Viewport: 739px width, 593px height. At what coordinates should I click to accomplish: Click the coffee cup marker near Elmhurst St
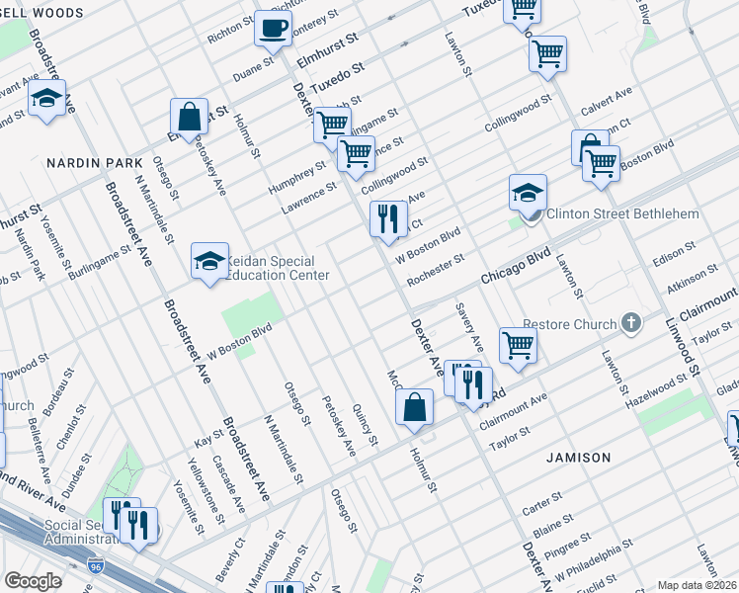(274, 29)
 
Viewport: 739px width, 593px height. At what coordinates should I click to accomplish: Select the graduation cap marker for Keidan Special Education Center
(208, 262)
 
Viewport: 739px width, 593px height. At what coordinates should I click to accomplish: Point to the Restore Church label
(556, 322)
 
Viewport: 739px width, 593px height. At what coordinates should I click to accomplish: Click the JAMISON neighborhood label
(577, 458)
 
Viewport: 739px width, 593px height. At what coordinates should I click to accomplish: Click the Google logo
(33, 581)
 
